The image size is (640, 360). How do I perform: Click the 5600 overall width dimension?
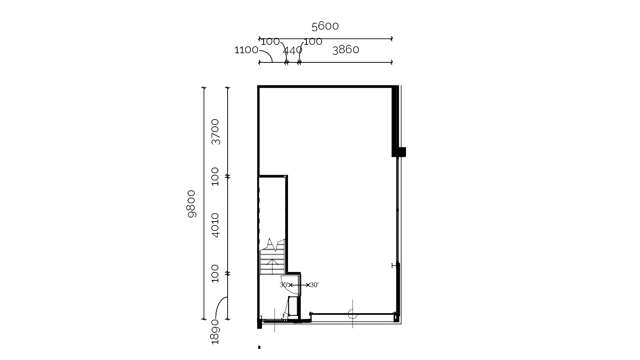[x=325, y=26]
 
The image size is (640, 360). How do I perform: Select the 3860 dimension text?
[x=346, y=50]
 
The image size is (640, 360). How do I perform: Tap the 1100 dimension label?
[x=246, y=50]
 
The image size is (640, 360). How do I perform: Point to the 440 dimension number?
[x=292, y=50]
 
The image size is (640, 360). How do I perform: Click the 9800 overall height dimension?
[x=191, y=204]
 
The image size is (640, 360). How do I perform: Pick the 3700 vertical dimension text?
[x=215, y=132]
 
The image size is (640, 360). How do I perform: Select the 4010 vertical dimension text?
[x=215, y=225]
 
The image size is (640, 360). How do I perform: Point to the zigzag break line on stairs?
[x=273, y=245]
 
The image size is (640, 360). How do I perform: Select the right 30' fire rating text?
[x=314, y=285]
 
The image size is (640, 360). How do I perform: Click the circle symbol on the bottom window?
[x=352, y=314]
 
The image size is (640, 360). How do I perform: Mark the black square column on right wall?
[x=402, y=152]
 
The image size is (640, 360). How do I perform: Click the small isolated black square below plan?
[x=259, y=348]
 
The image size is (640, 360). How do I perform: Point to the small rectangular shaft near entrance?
[x=292, y=306]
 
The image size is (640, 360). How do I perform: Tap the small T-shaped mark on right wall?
[x=394, y=266]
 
